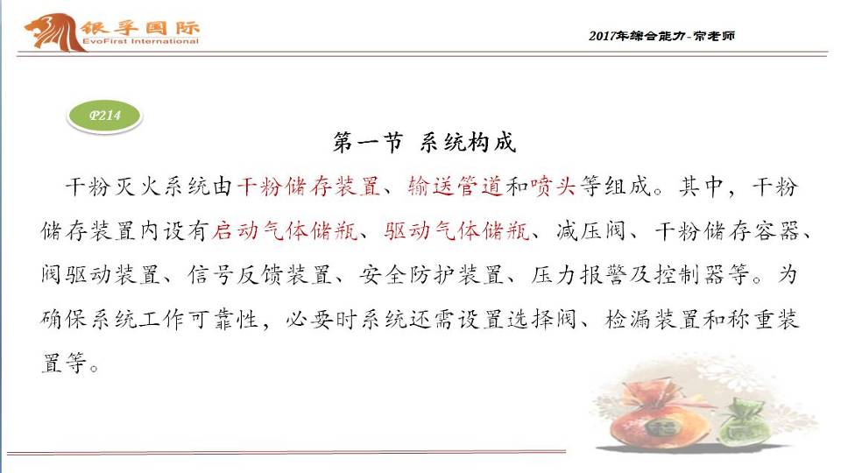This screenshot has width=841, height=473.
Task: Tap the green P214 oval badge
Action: coord(104,116)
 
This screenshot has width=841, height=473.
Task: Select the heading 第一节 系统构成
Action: coord(424,143)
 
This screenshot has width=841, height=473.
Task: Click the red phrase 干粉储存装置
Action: coord(308,187)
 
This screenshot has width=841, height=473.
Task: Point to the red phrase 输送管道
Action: coord(455,187)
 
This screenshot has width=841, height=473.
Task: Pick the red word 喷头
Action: coord(553,187)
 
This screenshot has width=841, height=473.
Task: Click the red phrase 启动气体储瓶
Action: coord(285,231)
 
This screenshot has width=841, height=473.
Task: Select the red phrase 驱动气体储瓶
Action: coord(456,231)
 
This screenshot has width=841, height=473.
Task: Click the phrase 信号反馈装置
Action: coord(259,275)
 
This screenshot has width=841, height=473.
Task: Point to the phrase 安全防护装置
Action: coord(431,275)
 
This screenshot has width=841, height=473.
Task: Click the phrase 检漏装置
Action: coord(652,320)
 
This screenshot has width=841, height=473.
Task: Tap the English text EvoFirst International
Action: coord(140,41)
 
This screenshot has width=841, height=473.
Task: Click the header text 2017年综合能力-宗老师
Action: coord(661,36)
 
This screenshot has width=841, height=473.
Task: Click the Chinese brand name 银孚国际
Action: coord(140,27)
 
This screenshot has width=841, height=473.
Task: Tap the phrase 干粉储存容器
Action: coord(726,231)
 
